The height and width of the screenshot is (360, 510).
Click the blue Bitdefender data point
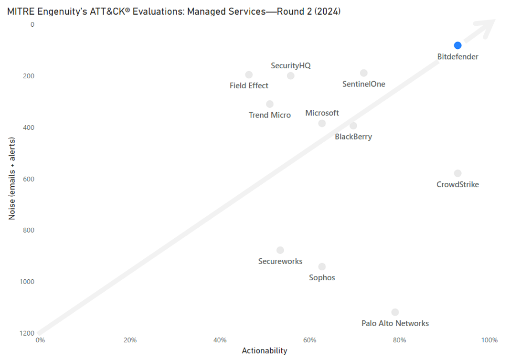click(x=457, y=45)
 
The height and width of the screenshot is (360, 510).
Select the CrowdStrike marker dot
click(x=457, y=173)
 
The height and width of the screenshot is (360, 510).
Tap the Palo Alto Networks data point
click(x=395, y=312)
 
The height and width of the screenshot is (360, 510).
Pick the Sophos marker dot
click(x=322, y=266)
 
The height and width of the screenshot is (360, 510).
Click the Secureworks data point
click(x=280, y=250)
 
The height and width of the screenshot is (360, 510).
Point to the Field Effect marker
click(x=249, y=74)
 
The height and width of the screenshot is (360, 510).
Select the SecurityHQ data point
click(x=291, y=75)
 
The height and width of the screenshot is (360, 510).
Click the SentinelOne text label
click(x=364, y=85)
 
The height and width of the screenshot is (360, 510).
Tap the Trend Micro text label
click(x=270, y=115)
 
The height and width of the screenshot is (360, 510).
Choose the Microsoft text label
click(x=322, y=113)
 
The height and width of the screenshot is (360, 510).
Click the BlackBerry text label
click(x=353, y=137)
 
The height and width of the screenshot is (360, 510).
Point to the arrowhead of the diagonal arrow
click(x=488, y=27)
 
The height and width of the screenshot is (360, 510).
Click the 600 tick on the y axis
click(x=29, y=179)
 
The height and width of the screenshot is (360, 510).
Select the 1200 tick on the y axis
click(x=27, y=333)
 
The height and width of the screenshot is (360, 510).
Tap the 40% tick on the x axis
click(x=220, y=340)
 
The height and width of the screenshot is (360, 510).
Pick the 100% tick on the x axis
click(x=490, y=340)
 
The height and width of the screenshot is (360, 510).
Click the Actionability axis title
click(x=264, y=351)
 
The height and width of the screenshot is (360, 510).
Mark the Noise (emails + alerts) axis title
click(x=11, y=179)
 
